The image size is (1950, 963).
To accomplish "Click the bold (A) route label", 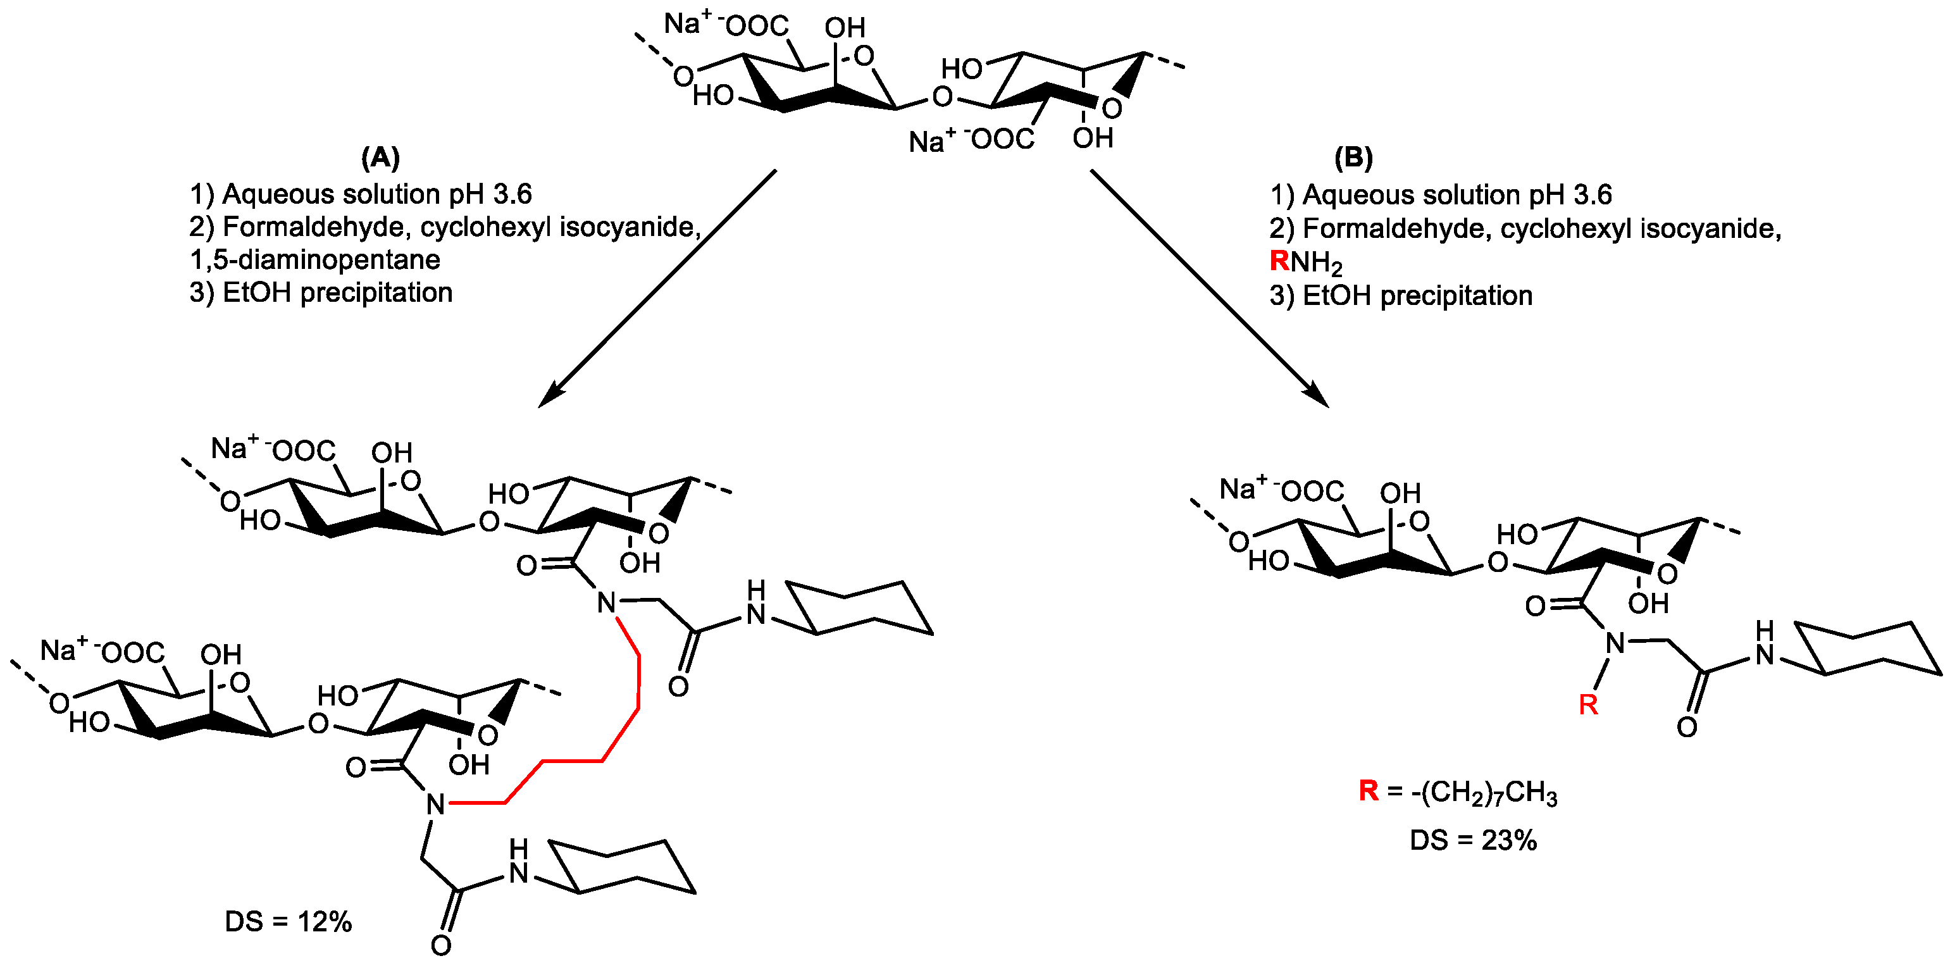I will (x=380, y=158).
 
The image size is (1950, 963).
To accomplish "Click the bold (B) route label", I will (x=1353, y=158).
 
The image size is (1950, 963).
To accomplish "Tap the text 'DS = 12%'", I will (x=289, y=921).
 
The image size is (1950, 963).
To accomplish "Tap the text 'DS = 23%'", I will (x=1473, y=840).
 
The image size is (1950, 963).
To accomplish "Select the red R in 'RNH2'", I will (x=1279, y=261).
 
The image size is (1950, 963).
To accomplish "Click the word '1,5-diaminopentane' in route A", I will (x=315, y=259).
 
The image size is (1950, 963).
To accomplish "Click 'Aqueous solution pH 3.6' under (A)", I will (x=376, y=195).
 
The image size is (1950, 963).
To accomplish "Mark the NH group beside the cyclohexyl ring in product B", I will (x=1765, y=643).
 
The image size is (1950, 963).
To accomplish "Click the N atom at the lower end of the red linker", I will (x=435, y=804).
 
